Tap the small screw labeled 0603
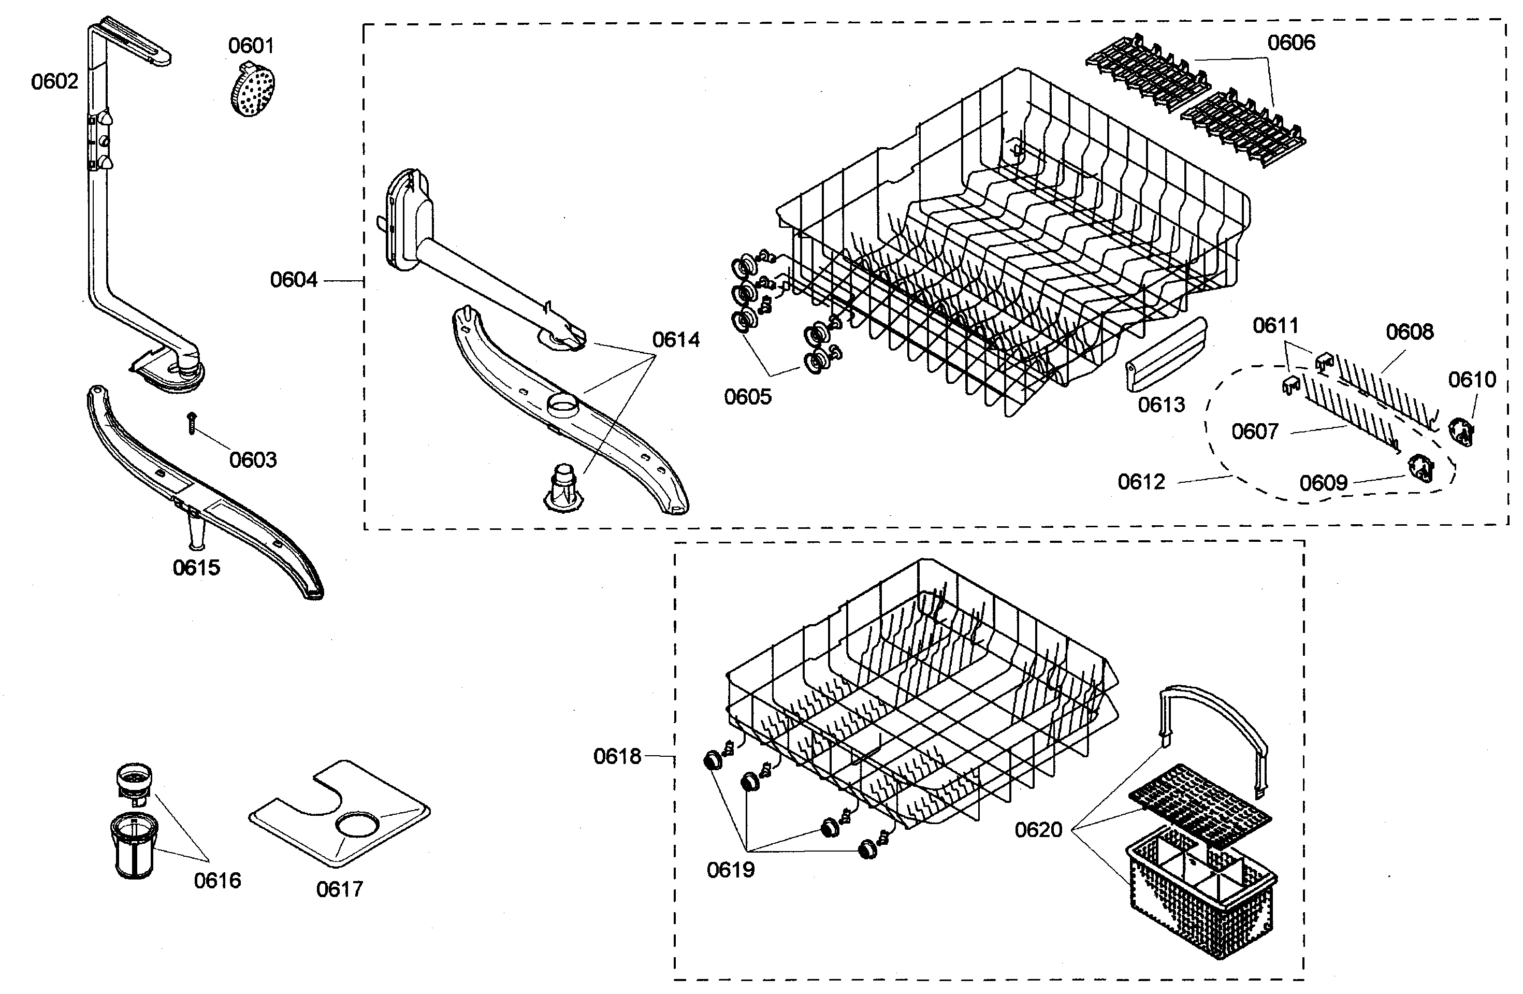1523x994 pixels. tap(191, 424)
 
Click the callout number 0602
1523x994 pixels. tap(54, 81)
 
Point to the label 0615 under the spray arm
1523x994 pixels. tap(196, 567)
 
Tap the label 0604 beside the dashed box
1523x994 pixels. tap(294, 280)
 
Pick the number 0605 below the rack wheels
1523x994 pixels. tap(747, 397)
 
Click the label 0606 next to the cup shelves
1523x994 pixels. tap(1292, 42)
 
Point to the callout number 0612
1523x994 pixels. tap(1141, 481)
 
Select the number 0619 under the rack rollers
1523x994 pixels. tap(730, 869)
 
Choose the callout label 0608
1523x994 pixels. tap(1409, 332)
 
